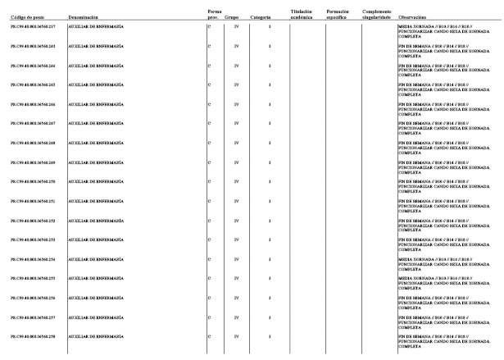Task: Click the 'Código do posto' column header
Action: pos(26,16)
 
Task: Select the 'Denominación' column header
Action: pos(85,16)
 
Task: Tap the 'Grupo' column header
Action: pos(232,16)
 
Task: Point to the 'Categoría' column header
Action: pos(261,16)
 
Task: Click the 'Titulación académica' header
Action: pos(302,14)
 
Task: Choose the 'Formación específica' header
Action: pos(337,14)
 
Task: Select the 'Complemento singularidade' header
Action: pos(377,14)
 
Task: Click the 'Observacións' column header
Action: pos(412,16)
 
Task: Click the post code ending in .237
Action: pos(33,27)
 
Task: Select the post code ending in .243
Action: pos(33,47)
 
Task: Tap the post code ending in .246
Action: pos(33,104)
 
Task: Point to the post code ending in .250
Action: pos(33,181)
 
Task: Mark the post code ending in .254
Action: pos(33,258)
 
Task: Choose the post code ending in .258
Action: pos(33,335)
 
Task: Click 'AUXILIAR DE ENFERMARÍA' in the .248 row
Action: pos(96,143)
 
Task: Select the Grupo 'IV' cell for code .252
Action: pos(236,220)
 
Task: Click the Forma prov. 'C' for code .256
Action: pos(210,297)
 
